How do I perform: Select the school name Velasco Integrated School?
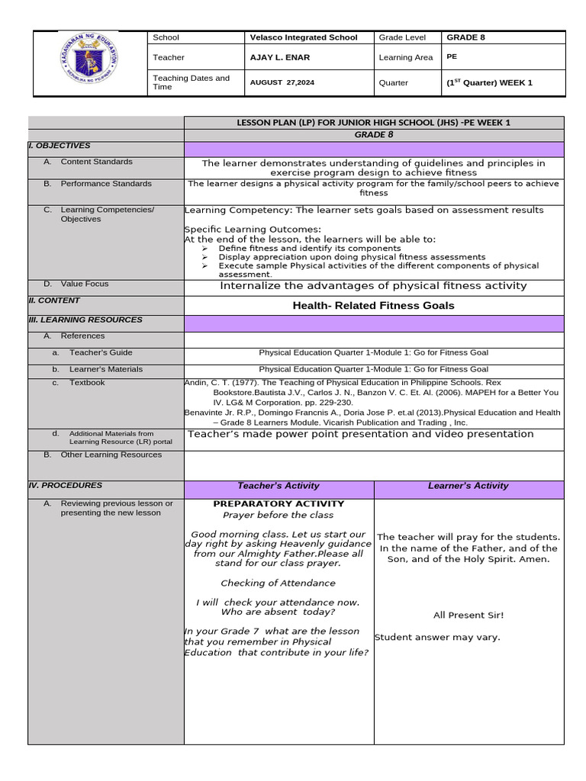303,37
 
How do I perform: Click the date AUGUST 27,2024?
283,82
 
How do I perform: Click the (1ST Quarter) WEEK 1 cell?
489,82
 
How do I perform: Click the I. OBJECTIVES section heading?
59,146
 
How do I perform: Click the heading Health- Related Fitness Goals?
373,306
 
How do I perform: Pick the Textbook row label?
87,383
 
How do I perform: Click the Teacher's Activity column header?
279,486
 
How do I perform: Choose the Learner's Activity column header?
468,486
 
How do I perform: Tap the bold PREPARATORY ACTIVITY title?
279,504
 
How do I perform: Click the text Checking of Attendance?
278,583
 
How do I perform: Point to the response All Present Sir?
468,615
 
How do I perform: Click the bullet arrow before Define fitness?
204,249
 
